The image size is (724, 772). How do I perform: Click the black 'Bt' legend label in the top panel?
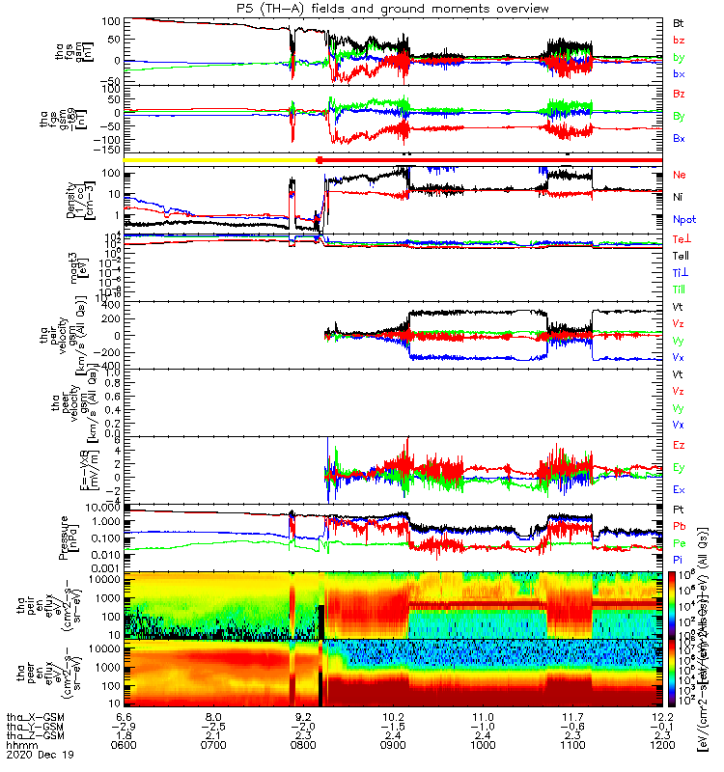click(679, 21)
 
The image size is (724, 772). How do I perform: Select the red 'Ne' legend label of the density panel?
click(680, 175)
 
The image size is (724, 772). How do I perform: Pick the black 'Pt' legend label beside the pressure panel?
click(679, 509)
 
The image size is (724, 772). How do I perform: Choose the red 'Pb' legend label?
click(680, 527)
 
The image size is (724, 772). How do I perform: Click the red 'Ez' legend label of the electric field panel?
click(680, 446)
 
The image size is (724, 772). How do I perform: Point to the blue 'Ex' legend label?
click(680, 490)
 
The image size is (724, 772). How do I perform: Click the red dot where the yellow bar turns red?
click(319, 159)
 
